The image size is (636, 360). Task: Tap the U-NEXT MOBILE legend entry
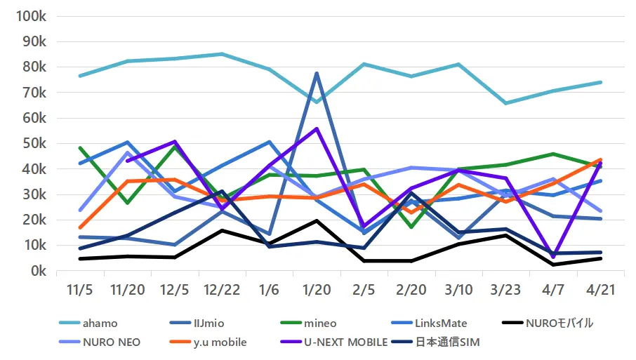[x=341, y=342]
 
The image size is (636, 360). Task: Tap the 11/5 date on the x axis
[x=81, y=289]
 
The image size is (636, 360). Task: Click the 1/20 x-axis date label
[x=317, y=289]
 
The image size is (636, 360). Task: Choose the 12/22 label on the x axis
[x=222, y=289]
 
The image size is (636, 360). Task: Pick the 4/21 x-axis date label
[x=601, y=289]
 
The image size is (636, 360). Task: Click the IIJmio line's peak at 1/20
[x=317, y=73]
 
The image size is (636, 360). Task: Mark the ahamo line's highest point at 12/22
[x=222, y=54]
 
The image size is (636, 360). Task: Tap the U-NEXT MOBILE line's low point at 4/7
[x=554, y=257]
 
